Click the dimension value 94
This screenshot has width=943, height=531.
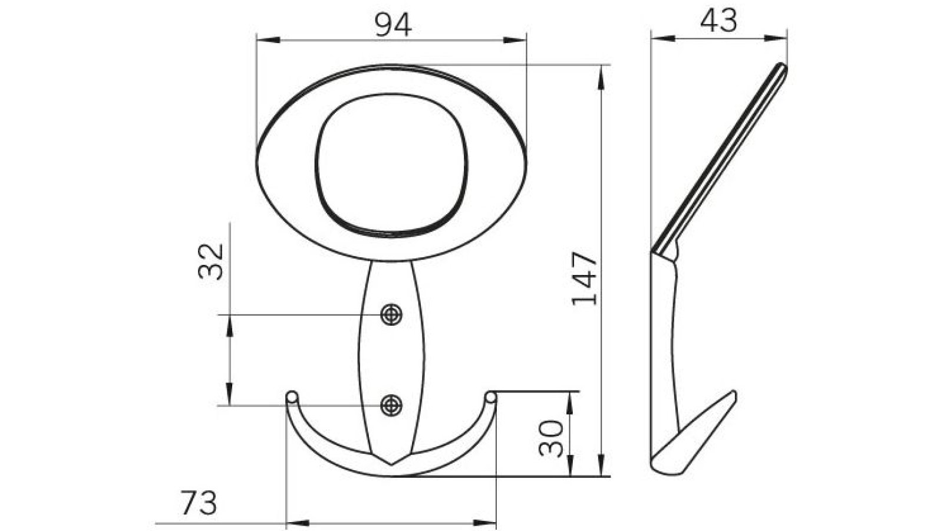[x=393, y=25]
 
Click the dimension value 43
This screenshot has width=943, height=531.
[x=718, y=22]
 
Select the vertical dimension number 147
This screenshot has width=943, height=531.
[x=585, y=278]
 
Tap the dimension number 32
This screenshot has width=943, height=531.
[x=211, y=261]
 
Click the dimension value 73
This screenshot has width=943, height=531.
[x=199, y=503]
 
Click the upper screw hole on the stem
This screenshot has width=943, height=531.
[x=391, y=314]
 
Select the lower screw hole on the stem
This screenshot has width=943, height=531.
[x=391, y=405]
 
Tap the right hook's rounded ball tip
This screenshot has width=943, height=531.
[x=490, y=396]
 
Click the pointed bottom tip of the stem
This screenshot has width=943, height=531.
[x=391, y=464]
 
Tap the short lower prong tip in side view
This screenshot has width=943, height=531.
[x=733, y=394]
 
